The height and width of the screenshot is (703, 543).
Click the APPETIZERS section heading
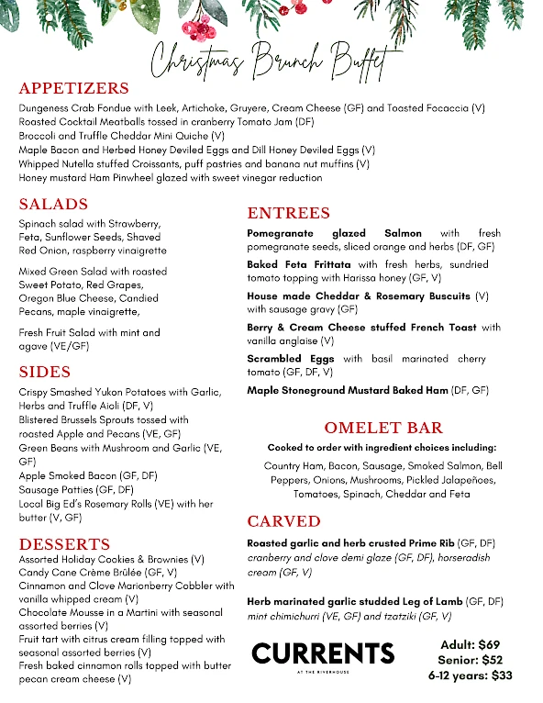coord(74,89)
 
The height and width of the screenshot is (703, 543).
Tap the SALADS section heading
coord(53,204)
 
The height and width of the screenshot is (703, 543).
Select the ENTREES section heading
coord(289,213)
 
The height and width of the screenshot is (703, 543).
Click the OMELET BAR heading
coord(383,428)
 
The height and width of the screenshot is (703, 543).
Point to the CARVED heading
coord(284,521)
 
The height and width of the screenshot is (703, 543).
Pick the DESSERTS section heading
coord(64,543)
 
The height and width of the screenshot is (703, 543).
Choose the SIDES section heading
coord(45,372)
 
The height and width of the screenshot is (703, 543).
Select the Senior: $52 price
coord(471,661)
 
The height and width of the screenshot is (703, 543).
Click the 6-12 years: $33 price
coord(471,675)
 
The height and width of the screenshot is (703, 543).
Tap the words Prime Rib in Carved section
coord(432,543)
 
